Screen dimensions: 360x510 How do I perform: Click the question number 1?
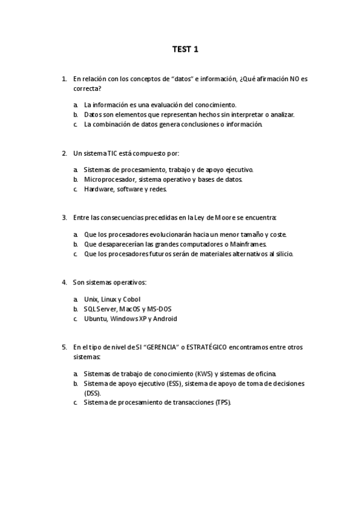tap(64, 79)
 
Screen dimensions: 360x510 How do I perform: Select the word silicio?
tap(281, 254)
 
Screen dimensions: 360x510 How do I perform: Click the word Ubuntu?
tap(96, 319)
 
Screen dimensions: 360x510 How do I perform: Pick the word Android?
tap(164, 319)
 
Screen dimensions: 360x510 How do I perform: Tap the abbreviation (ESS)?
tap(172, 383)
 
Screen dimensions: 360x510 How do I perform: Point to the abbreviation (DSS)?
tap(92, 393)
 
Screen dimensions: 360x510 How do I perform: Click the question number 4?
tap(64, 282)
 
